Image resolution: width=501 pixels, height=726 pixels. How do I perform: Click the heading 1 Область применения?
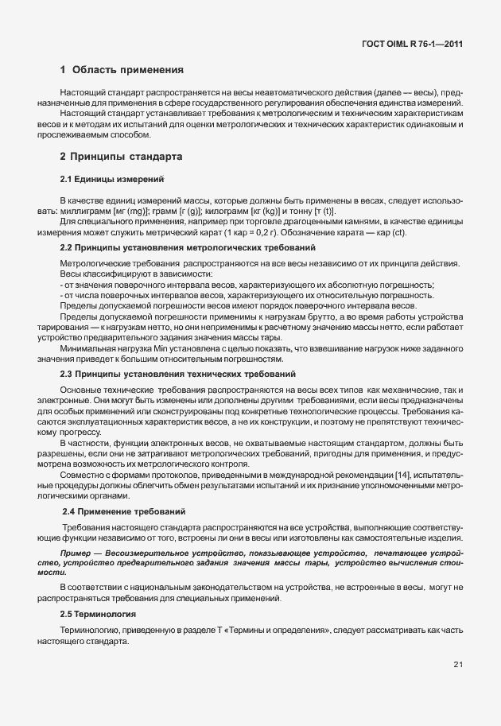point(122,70)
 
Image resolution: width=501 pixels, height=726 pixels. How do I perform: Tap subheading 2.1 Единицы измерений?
point(112,179)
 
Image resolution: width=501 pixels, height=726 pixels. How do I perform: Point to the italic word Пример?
point(76,551)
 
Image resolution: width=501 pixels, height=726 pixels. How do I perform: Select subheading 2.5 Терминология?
point(98,615)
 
